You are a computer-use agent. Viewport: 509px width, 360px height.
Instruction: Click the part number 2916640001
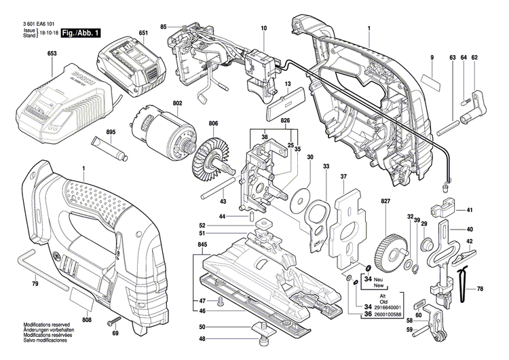coord(385,308)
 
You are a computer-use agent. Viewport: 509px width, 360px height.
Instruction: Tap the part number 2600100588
coord(385,314)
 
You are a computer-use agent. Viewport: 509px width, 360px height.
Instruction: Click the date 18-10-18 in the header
coord(48,32)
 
